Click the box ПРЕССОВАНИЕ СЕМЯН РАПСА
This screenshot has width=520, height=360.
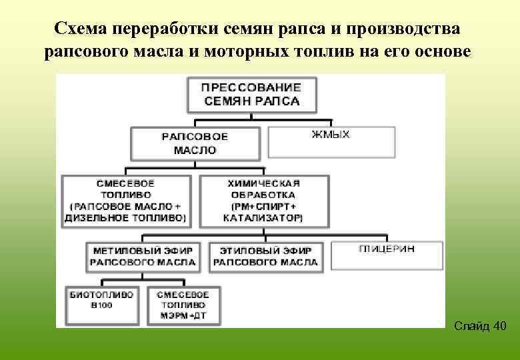pyautogui.click(x=251, y=95)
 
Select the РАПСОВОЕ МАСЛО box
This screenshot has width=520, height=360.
pyautogui.click(x=195, y=143)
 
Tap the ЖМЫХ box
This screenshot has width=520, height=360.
pyautogui.click(x=331, y=141)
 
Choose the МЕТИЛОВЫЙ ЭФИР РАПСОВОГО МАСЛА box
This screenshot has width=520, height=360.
pyautogui.click(x=143, y=257)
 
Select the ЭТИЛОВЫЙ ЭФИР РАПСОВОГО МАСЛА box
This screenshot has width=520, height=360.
pyautogui.click(x=265, y=257)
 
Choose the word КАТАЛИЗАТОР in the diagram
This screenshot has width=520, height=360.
pyautogui.click(x=262, y=218)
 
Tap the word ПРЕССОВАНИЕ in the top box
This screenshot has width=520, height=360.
pyautogui.click(x=251, y=87)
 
